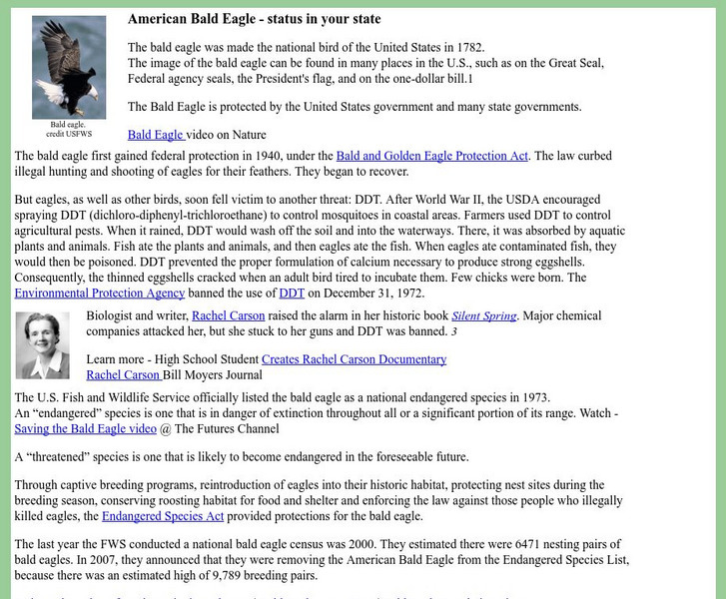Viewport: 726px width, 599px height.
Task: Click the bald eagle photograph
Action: pyautogui.click(x=69, y=66)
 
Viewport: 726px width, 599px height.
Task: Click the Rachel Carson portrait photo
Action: pyautogui.click(x=43, y=345)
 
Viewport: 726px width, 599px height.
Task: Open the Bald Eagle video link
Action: pyautogui.click(x=156, y=135)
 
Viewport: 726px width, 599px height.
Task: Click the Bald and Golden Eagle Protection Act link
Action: pyautogui.click(x=432, y=156)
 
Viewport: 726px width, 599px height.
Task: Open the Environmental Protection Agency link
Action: pyautogui.click(x=100, y=293)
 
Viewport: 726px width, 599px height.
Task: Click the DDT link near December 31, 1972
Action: pyautogui.click(x=292, y=293)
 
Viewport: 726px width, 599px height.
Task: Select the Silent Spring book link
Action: pyautogui.click(x=484, y=315)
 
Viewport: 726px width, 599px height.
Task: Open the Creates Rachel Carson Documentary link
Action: pyautogui.click(x=354, y=359)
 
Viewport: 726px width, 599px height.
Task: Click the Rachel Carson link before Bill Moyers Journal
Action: pyautogui.click(x=123, y=375)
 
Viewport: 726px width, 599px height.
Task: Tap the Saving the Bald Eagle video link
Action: pyautogui.click(x=86, y=428)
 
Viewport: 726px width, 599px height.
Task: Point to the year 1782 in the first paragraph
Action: pyautogui.click(x=466, y=47)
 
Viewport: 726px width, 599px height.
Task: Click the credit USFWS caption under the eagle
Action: pyautogui.click(x=69, y=133)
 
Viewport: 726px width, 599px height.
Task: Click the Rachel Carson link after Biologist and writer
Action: pyautogui.click(x=229, y=315)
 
